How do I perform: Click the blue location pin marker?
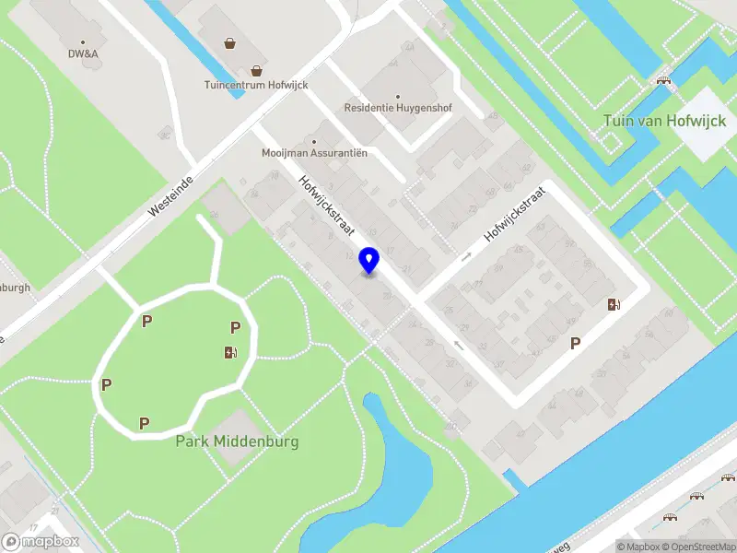click(x=369, y=261)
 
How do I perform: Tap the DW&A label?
click(x=83, y=53)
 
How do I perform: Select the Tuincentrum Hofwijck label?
click(x=256, y=85)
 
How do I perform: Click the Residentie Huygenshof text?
click(x=398, y=108)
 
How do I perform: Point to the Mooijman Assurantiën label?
click(x=314, y=152)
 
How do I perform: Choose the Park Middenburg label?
click(x=237, y=441)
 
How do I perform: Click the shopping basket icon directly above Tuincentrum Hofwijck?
click(x=257, y=70)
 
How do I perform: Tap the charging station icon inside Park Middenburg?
click(x=230, y=351)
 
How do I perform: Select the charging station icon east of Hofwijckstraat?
click(x=614, y=305)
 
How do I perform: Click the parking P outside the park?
click(x=576, y=343)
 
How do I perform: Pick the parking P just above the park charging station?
click(x=235, y=327)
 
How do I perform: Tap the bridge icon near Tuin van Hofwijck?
click(x=662, y=80)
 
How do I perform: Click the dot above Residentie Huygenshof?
click(x=398, y=95)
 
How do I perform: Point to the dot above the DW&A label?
click(x=83, y=41)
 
